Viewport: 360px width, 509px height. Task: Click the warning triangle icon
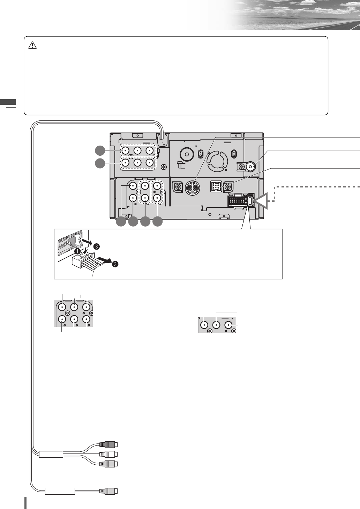(x=32, y=45)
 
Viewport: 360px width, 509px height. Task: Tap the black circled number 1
(x=79, y=251)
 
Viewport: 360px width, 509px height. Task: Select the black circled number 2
(x=115, y=264)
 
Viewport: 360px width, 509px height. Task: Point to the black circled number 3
(x=97, y=246)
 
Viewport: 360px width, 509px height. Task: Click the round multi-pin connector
(x=192, y=188)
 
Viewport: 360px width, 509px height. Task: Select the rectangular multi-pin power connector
(x=238, y=201)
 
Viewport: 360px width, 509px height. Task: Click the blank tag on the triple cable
(x=51, y=454)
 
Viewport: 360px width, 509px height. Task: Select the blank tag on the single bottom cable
(x=60, y=491)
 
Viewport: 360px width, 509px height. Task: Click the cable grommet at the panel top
(x=162, y=140)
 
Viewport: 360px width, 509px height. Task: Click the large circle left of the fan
(x=187, y=154)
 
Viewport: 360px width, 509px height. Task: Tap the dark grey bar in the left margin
(x=8, y=102)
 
